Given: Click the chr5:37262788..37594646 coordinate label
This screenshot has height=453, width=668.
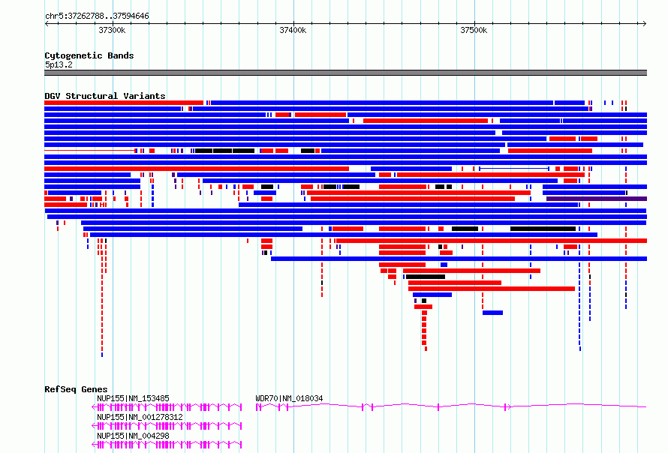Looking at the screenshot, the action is click(97, 16).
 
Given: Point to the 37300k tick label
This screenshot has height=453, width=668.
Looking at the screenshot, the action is click(112, 30).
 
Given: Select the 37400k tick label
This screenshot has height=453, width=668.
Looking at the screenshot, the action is click(293, 30).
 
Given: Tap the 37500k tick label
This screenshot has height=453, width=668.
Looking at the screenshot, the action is click(474, 30).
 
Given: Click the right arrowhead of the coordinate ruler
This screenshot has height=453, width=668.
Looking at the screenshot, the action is click(645, 23).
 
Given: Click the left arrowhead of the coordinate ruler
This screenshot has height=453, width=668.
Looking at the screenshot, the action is click(47, 23).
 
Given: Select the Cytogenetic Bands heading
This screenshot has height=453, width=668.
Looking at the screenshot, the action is click(89, 55).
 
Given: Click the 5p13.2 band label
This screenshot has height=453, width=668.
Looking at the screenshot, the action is click(59, 64).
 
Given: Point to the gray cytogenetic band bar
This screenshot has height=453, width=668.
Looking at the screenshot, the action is click(345, 73).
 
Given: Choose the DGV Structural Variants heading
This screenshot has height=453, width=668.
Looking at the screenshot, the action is click(105, 96).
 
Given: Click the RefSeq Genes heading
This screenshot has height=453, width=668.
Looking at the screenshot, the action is click(76, 389).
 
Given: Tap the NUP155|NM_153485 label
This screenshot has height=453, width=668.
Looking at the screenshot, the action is click(133, 398).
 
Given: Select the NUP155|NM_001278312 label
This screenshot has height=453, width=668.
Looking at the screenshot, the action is click(140, 417).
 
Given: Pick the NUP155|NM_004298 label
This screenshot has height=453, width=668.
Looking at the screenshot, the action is click(133, 436).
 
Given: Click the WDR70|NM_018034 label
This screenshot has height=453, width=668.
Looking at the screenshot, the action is click(289, 398).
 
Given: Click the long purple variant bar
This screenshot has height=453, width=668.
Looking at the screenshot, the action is click(597, 199).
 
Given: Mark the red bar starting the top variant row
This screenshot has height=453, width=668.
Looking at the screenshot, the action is click(124, 103).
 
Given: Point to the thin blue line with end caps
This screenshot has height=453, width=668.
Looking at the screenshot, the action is click(514, 169).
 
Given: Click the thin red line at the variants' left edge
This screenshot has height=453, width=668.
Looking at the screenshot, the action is click(89, 151).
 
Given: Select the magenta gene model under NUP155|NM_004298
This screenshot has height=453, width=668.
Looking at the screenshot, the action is click(167, 445).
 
